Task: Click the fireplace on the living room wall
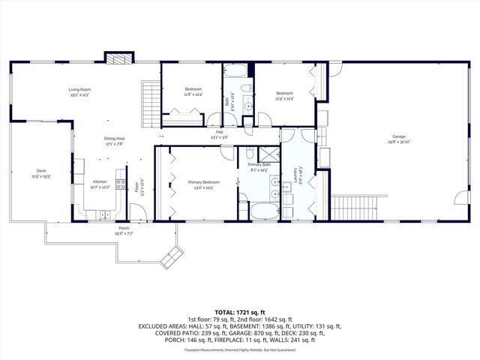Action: [x=118, y=58]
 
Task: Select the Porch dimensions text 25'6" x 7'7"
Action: [x=124, y=234]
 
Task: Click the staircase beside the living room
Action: [x=151, y=98]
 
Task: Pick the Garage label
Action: [x=397, y=136]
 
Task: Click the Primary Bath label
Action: [x=258, y=166]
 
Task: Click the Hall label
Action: [x=220, y=133]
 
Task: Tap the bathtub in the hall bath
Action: [x=237, y=73]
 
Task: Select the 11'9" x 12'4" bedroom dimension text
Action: [x=283, y=98]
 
